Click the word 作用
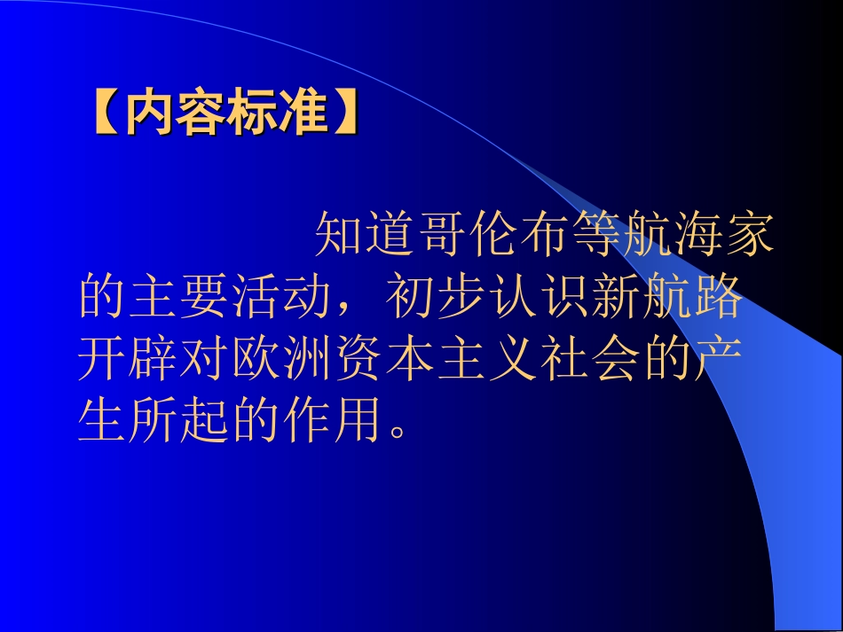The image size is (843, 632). click(329, 422)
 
